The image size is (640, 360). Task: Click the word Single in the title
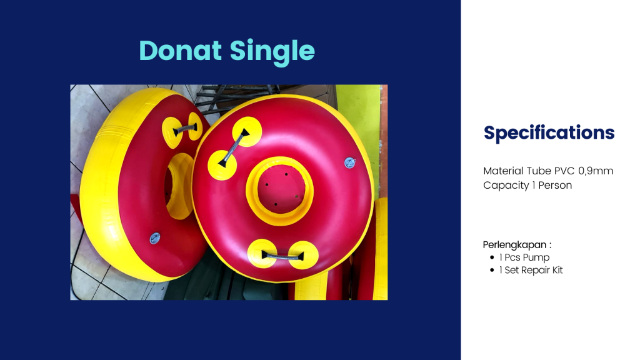click(272, 52)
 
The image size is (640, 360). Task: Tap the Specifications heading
click(549, 133)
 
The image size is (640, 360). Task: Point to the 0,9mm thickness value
click(596, 171)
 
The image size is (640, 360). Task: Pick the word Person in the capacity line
click(555, 185)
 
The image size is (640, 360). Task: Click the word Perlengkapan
click(515, 245)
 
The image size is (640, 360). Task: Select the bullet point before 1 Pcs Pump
click(492, 257)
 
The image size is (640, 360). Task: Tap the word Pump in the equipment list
click(536, 257)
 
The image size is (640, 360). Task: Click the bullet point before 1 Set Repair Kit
click(492, 270)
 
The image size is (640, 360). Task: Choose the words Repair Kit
click(542, 270)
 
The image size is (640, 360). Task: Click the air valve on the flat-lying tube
click(350, 163)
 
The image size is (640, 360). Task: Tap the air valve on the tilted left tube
click(155, 238)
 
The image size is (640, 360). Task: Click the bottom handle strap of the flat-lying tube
click(282, 256)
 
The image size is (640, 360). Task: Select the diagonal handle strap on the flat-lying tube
click(234, 147)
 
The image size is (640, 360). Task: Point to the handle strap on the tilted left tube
click(185, 129)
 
